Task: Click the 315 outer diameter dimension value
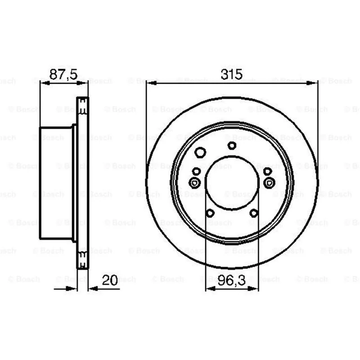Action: click(x=231, y=74)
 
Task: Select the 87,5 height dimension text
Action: click(x=63, y=74)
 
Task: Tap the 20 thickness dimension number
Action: click(x=110, y=280)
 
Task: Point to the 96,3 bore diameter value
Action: click(x=232, y=280)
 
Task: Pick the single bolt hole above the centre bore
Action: click(x=232, y=145)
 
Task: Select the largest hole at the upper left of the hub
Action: click(x=200, y=152)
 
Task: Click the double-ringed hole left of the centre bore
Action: click(x=194, y=183)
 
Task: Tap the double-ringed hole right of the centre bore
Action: click(x=269, y=183)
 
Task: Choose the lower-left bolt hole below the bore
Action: click(x=210, y=213)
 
